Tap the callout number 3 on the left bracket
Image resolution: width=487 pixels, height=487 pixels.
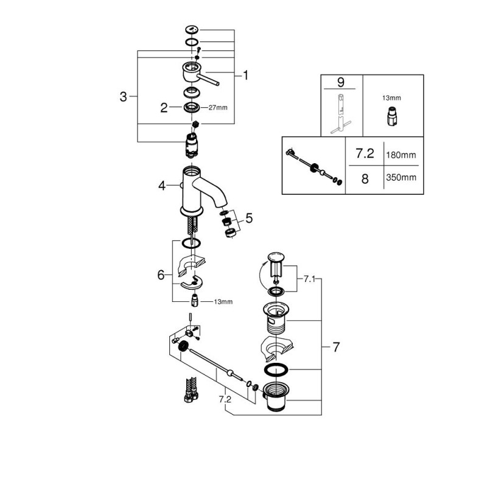click(124, 96)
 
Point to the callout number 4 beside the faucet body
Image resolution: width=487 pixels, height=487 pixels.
click(162, 186)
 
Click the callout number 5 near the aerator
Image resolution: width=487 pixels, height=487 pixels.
click(248, 217)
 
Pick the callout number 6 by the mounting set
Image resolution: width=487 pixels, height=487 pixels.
click(161, 275)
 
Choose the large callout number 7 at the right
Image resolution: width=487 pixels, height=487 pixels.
click(336, 348)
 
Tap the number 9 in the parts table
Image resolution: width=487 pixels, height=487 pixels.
click(341, 81)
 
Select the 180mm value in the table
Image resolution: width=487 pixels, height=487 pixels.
click(401, 156)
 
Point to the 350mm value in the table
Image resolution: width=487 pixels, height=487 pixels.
click(401, 178)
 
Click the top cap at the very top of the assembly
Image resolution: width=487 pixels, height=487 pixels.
click(191, 30)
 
